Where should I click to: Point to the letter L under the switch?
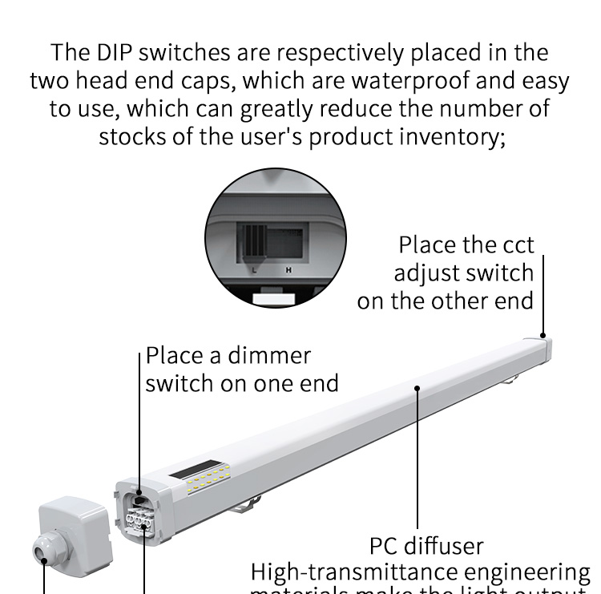pyautogui.click(x=253, y=270)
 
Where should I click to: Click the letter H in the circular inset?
pyautogui.click(x=288, y=270)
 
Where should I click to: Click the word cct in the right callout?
pyautogui.click(x=513, y=244)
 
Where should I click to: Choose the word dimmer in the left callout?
pyautogui.click(x=270, y=354)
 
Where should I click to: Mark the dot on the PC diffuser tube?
pyautogui.click(x=417, y=387)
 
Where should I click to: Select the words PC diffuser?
pyautogui.click(x=426, y=546)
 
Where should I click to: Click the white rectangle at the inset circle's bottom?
pyautogui.click(x=275, y=298)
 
